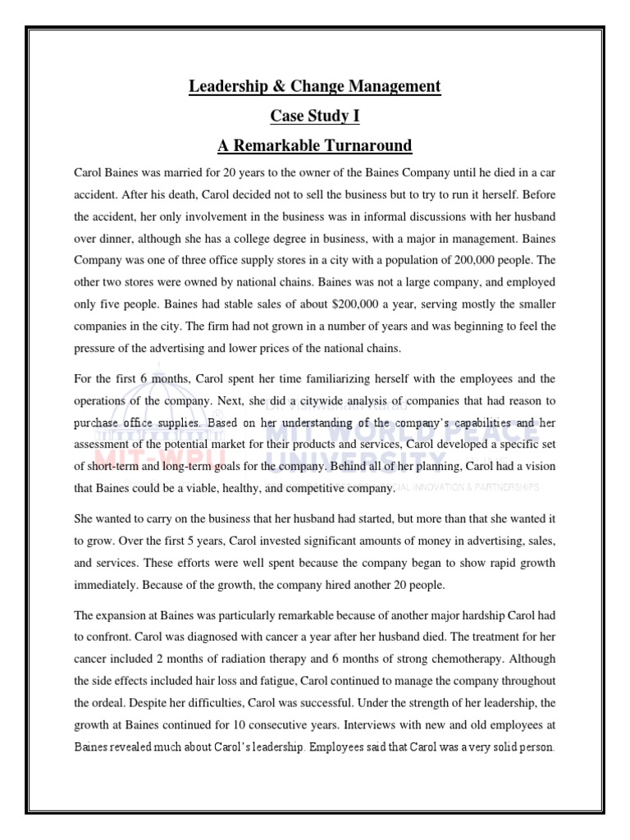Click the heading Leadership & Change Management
315,85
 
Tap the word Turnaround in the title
363,146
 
